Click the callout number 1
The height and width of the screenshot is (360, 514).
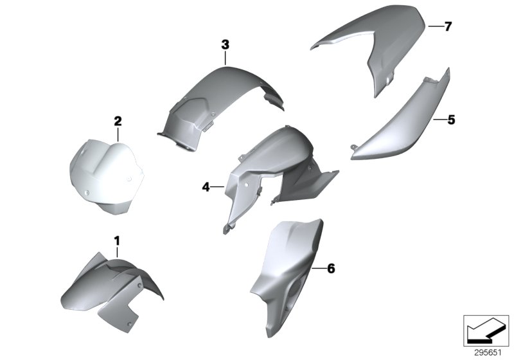[x=117, y=240]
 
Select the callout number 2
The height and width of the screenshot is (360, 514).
[x=118, y=120]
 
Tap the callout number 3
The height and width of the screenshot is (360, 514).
[x=225, y=44]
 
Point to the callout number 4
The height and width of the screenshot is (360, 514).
[x=206, y=187]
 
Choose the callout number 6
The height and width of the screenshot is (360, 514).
[x=331, y=268]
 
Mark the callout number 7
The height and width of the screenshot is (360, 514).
[x=448, y=26]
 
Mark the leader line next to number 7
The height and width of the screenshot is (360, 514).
[x=434, y=26]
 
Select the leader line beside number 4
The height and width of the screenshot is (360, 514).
[x=218, y=187]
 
